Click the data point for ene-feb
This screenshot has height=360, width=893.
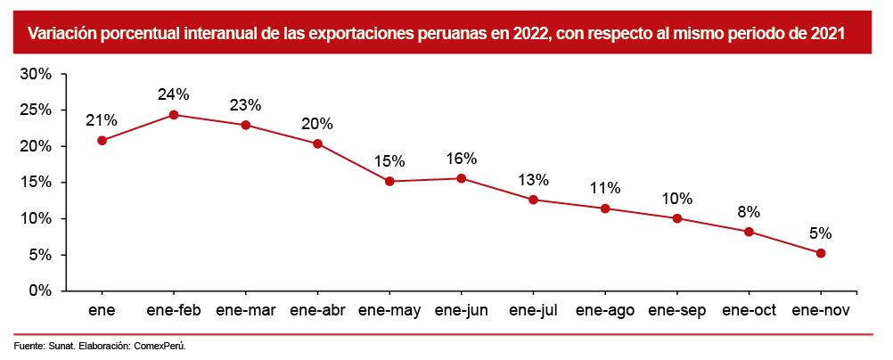pyautogui.click(x=174, y=115)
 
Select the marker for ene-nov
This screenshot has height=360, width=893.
pyautogui.click(x=821, y=253)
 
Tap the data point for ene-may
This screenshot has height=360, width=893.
pyautogui.click(x=389, y=182)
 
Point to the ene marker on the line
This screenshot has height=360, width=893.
pyautogui.click(x=102, y=141)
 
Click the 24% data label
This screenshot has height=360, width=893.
pyautogui.click(x=174, y=94)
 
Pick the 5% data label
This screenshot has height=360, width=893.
pyautogui.click(x=821, y=233)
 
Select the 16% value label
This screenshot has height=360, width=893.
pyautogui.click(x=462, y=159)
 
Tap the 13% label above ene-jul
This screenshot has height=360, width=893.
pyautogui.click(x=533, y=180)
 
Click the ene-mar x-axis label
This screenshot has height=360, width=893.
pyautogui.click(x=246, y=310)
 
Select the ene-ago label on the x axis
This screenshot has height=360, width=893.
pyautogui.click(x=605, y=310)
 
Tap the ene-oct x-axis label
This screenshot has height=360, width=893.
pyautogui.click(x=749, y=310)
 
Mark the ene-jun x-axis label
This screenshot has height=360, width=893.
pyautogui.click(x=462, y=310)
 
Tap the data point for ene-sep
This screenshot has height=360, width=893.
pyautogui.click(x=677, y=218)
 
